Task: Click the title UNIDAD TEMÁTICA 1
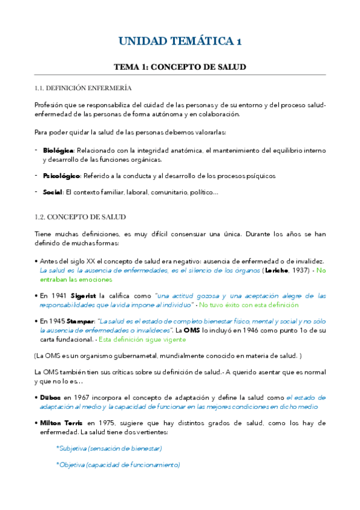pyautogui.click(x=180, y=41)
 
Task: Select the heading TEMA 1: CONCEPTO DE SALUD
pyautogui.click(x=180, y=67)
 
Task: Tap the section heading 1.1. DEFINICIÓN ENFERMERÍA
pyautogui.click(x=83, y=88)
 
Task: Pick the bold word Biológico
pyautogui.click(x=58, y=150)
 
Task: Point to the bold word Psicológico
pyautogui.click(x=61, y=176)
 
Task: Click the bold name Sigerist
pyautogui.click(x=84, y=296)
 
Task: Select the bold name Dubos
pyautogui.click(x=50, y=398)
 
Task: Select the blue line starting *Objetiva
pyautogui.click(x=118, y=465)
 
